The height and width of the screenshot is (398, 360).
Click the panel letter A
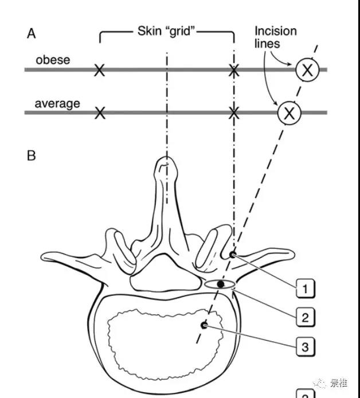[32, 34]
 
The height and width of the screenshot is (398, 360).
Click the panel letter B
[32, 155]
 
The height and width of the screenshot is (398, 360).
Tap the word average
[57, 104]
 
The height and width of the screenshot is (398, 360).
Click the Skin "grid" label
[167, 30]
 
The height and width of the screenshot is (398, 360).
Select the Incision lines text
[276, 37]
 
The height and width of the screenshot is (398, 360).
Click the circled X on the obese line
[308, 70]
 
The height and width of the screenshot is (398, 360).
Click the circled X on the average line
[289, 113]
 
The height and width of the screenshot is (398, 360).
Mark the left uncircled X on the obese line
[100, 71]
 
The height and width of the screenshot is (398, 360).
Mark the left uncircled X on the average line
[100, 113]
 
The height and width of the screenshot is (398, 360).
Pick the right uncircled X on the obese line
[233, 71]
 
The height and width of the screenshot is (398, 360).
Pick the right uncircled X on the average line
[233, 113]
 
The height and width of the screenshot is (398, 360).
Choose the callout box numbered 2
[305, 316]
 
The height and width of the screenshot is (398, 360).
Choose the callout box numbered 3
[305, 346]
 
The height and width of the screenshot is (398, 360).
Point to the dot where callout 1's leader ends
[232, 254]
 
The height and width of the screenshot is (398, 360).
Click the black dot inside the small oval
[220, 284]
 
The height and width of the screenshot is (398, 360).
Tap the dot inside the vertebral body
[204, 325]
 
